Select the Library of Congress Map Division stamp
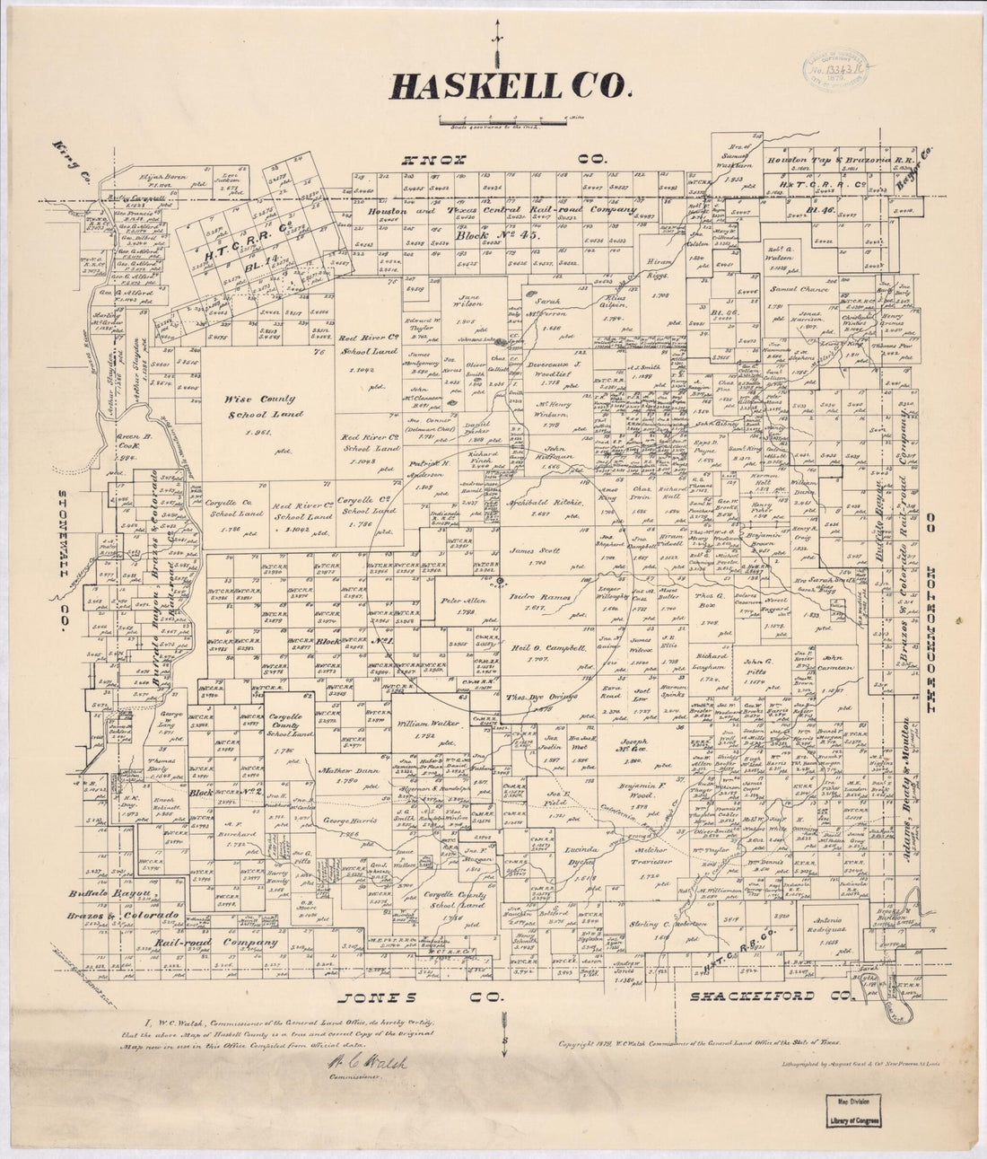click(x=854, y=1111)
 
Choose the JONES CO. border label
click(x=419, y=997)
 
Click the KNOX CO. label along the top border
click(x=504, y=160)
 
